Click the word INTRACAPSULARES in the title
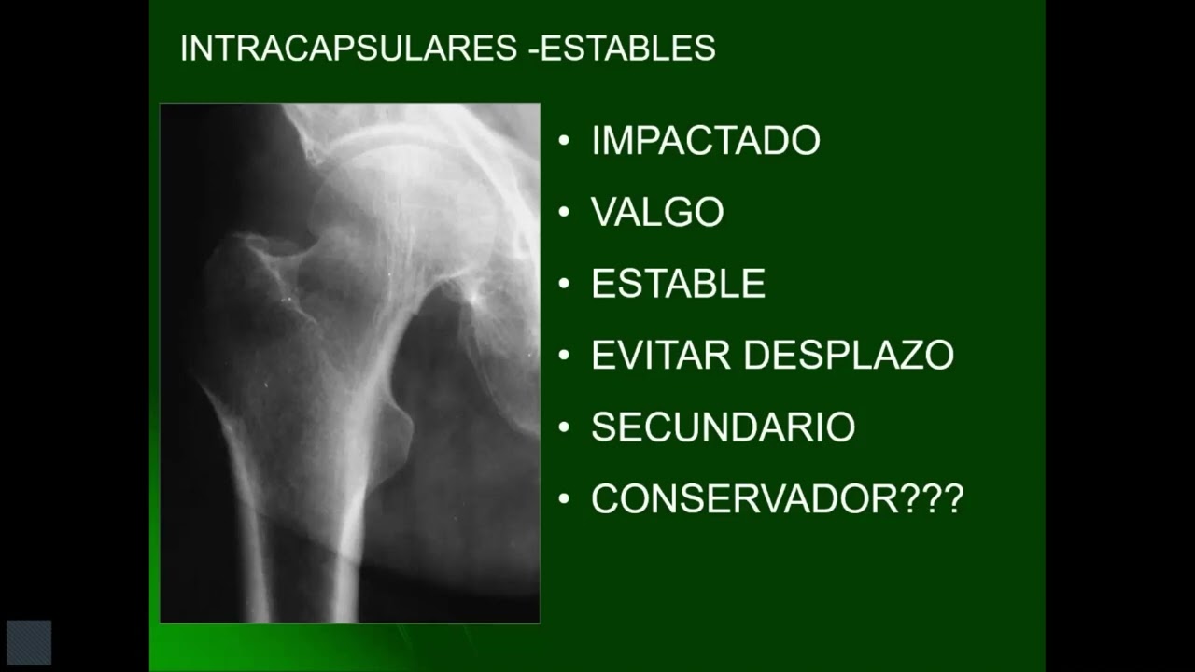[x=348, y=49]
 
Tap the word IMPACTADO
[x=705, y=141]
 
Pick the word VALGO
[x=657, y=213]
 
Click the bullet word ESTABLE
[x=678, y=284]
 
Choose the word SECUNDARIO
[x=723, y=427]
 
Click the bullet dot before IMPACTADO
[x=563, y=141]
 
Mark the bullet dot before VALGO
[x=563, y=213]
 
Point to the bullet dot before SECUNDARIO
[x=563, y=427]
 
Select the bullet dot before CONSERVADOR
[x=563, y=499]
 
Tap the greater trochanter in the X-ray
[x=247, y=280]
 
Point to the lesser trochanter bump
[x=400, y=425]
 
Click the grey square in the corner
[x=29, y=642]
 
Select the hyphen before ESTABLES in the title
[x=532, y=49]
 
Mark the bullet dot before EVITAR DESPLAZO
[x=563, y=356]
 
